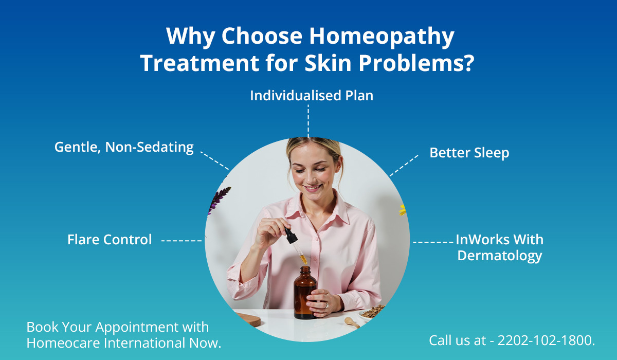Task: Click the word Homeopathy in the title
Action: [382, 37]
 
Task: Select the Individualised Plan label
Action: [312, 96]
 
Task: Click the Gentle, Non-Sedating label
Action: [124, 147]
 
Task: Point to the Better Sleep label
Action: [469, 153]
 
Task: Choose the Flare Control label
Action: [110, 239]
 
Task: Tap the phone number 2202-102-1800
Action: [545, 340]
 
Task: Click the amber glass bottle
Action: [304, 293]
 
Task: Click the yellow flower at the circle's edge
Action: [403, 210]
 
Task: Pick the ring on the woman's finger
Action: [327, 305]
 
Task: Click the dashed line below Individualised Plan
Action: [308, 121]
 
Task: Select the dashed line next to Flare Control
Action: [182, 241]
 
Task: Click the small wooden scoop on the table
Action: [352, 322]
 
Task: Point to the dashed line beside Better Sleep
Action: [404, 166]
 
